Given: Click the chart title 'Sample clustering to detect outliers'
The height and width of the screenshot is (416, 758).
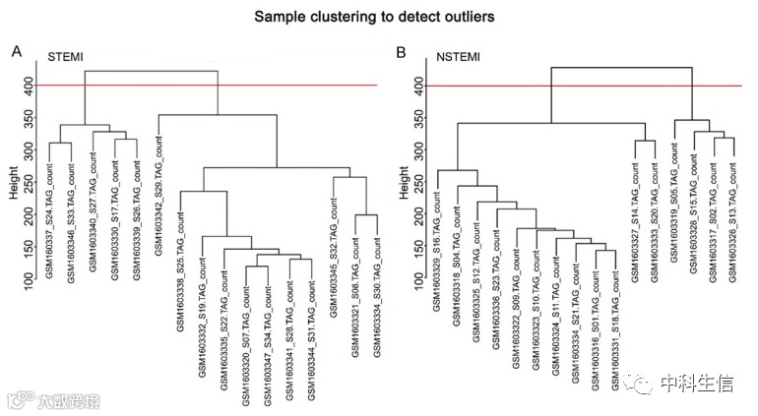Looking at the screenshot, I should click(378, 17).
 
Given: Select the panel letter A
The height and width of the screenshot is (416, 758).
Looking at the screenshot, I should click(17, 50).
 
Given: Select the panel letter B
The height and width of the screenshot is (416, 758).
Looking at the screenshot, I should click(399, 50).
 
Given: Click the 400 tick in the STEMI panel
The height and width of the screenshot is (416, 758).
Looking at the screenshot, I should click(32, 87).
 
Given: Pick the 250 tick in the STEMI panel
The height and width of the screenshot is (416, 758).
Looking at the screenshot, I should click(32, 184).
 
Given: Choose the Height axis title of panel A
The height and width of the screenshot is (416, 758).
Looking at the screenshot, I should click(15, 182).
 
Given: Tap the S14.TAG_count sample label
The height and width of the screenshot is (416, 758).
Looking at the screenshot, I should click(635, 223).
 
